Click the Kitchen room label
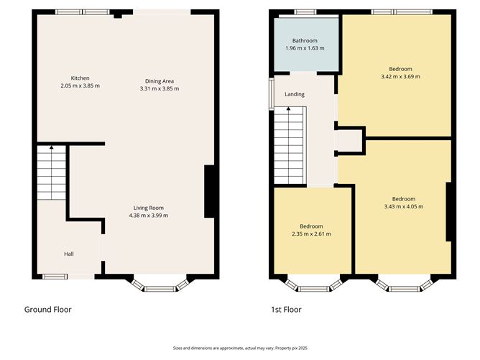[x=80, y=78]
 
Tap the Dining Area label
[x=160, y=80]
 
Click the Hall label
[x=69, y=254]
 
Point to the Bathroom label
[x=305, y=41]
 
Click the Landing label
[x=295, y=94]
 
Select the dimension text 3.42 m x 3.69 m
[x=400, y=76]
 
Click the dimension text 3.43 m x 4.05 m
[x=403, y=206]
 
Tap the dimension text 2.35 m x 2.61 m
[x=311, y=234]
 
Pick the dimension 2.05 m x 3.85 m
[x=80, y=86]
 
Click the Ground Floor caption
[x=47, y=310]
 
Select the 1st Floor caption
[x=285, y=310]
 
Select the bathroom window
[x=305, y=11]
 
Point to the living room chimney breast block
[x=210, y=191]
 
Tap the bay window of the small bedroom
[x=311, y=286]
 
